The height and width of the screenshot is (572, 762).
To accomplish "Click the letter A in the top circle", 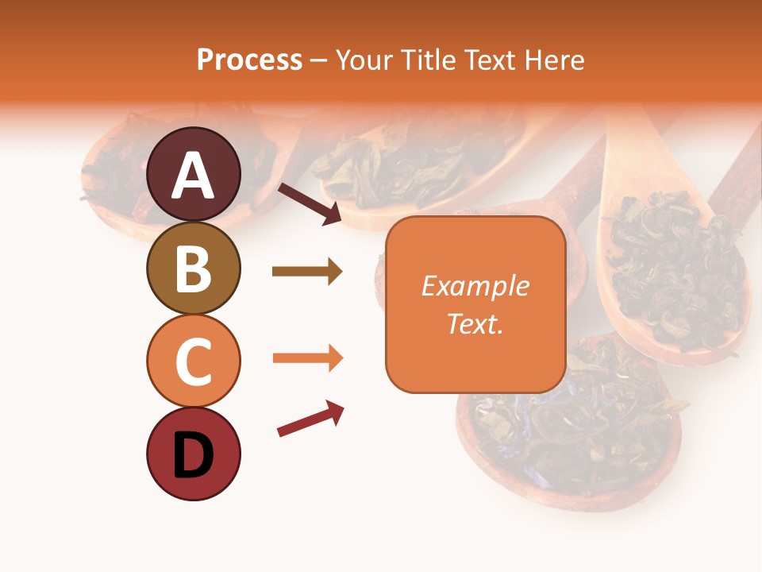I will [x=194, y=176].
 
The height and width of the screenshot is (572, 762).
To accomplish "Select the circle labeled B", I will [x=194, y=268].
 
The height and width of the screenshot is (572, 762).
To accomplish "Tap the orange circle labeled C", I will [x=194, y=361].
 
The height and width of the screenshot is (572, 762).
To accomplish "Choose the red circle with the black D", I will [x=194, y=454].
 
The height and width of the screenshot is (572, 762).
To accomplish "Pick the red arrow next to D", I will [x=310, y=419].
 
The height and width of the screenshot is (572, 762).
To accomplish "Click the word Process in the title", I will [x=249, y=60].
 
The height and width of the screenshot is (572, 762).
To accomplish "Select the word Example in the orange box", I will [x=475, y=286].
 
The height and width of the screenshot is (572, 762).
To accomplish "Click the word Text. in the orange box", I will [x=475, y=323].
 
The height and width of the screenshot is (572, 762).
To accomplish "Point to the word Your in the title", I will [x=361, y=60].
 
